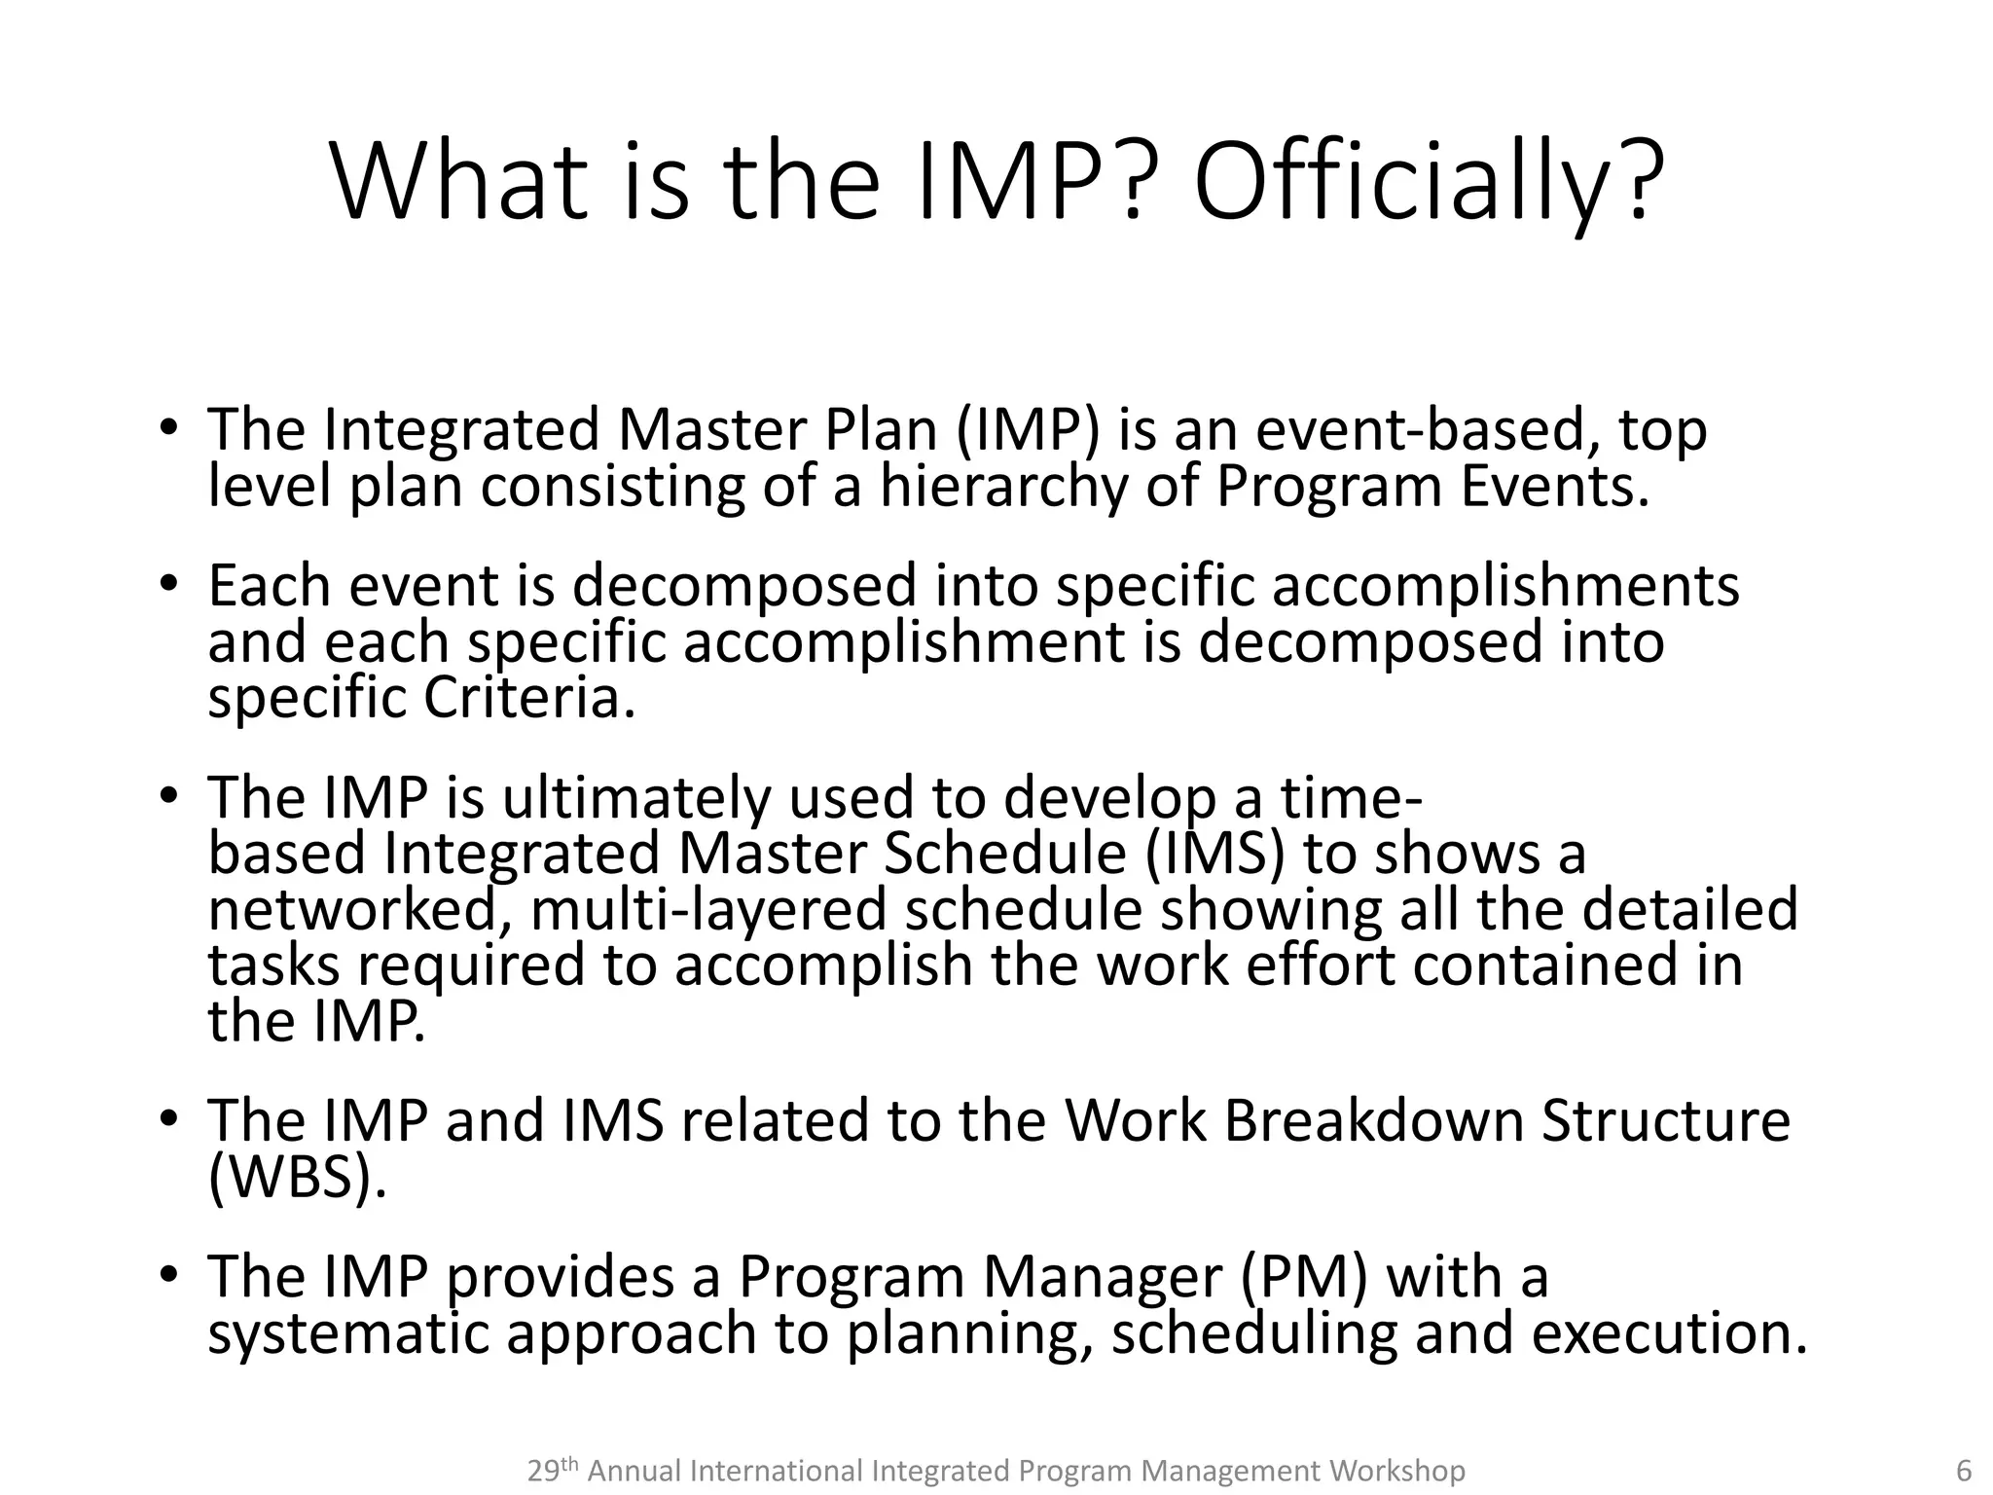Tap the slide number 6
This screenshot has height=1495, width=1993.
[x=1964, y=1471]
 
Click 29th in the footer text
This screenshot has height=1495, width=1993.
[x=553, y=1471]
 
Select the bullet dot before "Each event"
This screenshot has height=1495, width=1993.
[x=168, y=584]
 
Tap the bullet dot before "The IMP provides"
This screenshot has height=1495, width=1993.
[x=168, y=1275]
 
